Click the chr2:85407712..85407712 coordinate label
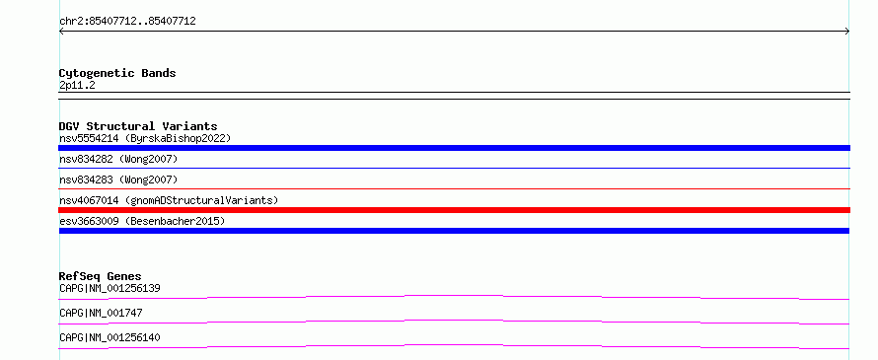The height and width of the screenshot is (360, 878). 127,22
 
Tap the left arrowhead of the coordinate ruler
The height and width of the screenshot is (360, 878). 61,32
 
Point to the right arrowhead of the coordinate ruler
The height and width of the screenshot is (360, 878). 847,32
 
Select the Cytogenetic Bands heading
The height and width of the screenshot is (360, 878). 117,73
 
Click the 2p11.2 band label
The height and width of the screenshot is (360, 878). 77,86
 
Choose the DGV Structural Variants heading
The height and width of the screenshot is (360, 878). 138,126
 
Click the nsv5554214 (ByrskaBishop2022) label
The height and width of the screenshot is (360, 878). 145,138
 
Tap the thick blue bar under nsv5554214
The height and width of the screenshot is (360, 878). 454,148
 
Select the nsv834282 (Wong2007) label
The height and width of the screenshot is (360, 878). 118,160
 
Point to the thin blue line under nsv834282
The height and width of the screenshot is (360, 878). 454,168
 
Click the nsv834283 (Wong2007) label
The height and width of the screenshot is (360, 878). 118,180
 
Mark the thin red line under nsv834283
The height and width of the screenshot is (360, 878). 454,189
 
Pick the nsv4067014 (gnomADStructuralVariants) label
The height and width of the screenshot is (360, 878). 169,200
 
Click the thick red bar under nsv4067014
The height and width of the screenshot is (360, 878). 454,210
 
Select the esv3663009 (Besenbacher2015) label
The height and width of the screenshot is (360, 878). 142,221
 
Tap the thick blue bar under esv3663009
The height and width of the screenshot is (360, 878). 454,231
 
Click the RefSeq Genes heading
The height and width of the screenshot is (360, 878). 101,276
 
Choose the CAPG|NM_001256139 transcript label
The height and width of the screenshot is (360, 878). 110,288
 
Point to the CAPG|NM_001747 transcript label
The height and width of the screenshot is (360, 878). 101,313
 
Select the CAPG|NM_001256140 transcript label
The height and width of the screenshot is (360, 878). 110,337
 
